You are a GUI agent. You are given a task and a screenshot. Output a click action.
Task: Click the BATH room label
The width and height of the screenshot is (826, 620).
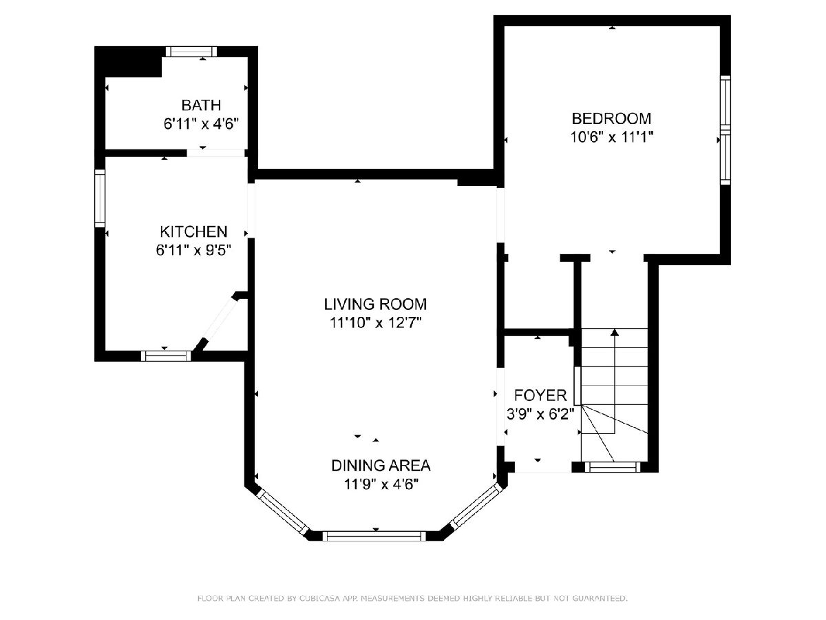pos(201,105)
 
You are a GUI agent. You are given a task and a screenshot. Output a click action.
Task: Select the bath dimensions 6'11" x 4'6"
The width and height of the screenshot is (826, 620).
pos(201,123)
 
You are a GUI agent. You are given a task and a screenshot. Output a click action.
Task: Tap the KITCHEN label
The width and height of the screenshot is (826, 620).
pos(193,231)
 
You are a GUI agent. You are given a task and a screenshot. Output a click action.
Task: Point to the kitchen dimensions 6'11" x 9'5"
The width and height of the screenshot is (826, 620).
pos(193,250)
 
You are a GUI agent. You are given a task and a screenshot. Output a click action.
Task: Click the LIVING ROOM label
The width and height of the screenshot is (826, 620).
pos(375,304)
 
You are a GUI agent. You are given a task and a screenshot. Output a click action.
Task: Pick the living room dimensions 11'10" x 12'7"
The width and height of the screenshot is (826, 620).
pos(375,322)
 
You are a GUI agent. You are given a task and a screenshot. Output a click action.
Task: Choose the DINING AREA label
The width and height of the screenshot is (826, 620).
pos(381,466)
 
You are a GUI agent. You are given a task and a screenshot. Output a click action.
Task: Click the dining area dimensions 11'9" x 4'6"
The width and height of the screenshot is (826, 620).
pos(381,484)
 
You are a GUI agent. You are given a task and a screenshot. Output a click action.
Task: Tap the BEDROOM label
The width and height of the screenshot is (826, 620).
pos(611,118)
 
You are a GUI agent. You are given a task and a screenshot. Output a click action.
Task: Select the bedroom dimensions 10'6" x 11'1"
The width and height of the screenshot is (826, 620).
pos(611,137)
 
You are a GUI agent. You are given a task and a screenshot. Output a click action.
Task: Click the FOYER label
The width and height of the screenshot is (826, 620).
pos(540,395)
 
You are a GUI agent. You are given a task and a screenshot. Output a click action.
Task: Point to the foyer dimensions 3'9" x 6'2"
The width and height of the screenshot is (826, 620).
pos(540,414)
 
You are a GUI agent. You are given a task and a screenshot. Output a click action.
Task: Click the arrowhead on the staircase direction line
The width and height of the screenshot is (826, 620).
pos(615,332)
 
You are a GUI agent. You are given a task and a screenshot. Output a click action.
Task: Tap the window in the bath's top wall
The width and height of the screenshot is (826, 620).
pos(191,51)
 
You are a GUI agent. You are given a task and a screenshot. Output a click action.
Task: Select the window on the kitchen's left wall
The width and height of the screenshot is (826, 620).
pos(100,198)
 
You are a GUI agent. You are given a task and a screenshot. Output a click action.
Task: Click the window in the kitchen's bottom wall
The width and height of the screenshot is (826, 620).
pos(167,355)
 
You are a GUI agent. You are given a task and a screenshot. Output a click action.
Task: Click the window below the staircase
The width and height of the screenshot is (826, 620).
pos(613,467)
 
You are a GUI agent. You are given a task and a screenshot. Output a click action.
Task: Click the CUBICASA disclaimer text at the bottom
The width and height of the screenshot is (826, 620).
pos(412,598)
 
